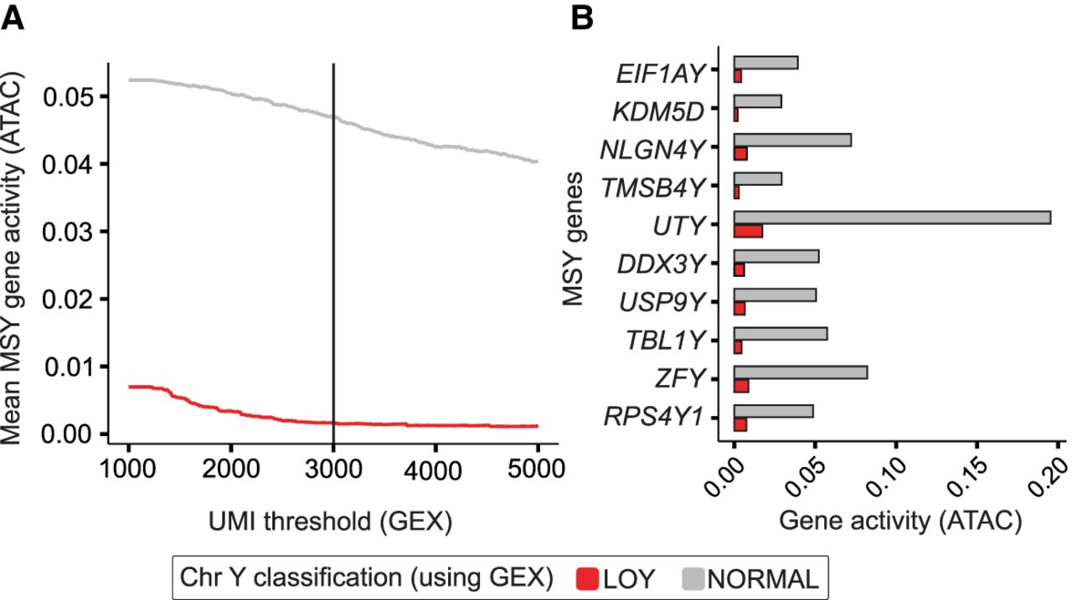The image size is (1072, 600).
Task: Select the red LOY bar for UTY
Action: [748, 231]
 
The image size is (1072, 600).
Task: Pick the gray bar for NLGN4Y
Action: [792, 140]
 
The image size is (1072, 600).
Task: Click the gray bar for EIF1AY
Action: [765, 63]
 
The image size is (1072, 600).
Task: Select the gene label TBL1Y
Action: [663, 340]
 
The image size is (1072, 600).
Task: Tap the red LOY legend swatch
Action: [587, 578]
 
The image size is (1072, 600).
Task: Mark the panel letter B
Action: [584, 18]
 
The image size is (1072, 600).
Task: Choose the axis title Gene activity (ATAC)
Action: [900, 521]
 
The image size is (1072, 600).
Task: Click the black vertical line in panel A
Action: [333, 251]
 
